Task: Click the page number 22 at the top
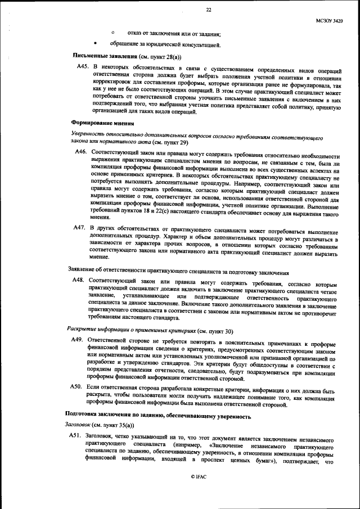tap(208, 10)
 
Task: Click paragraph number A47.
tap(80, 227)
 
